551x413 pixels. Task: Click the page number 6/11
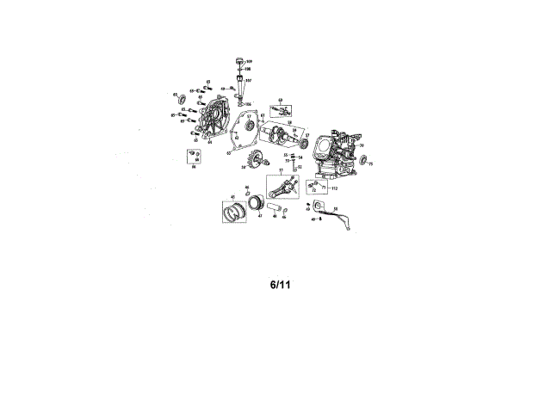(x=282, y=283)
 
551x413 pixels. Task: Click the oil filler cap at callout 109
(x=237, y=59)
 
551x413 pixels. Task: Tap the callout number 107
(x=248, y=81)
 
